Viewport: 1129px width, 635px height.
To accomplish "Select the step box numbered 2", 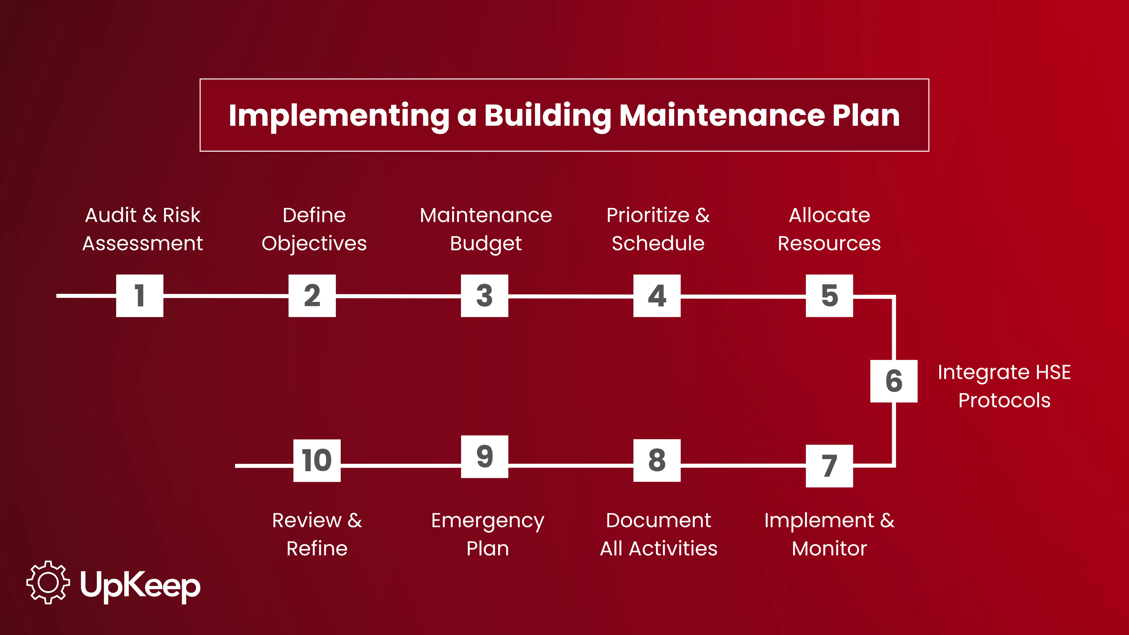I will point(312,296).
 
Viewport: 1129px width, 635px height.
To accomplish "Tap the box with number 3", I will point(484,296).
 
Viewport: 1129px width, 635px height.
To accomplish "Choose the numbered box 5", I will point(829,296).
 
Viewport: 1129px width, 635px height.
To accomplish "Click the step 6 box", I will point(894,381).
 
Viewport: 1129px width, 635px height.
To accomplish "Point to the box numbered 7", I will point(829,466).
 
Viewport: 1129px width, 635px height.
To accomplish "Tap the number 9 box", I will point(484,457).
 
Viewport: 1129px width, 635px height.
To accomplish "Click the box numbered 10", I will point(317,460).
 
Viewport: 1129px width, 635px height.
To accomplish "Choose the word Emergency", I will point(487,521).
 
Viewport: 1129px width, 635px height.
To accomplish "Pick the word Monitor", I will point(829,549).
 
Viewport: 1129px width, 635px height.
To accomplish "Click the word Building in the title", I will point(547,116).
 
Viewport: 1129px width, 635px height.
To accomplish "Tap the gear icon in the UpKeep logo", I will point(48,582).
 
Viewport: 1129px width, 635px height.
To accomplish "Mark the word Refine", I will point(317,549).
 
